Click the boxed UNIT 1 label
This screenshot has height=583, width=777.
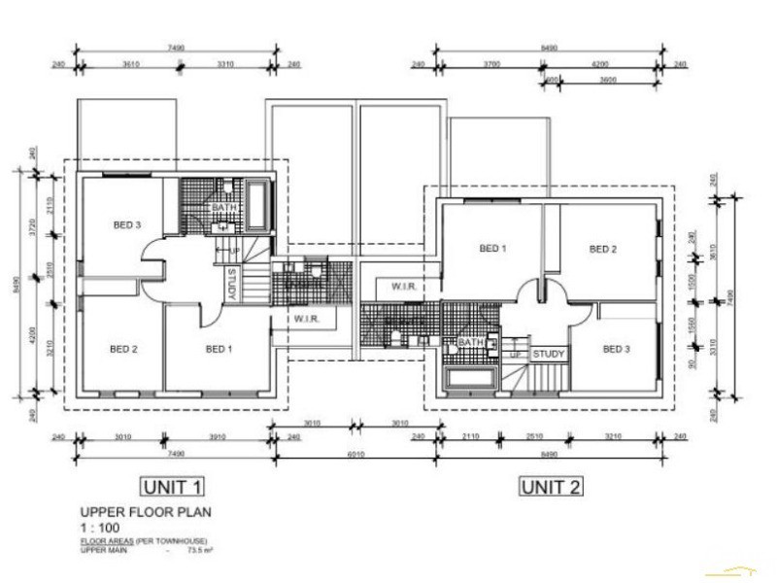pyautogui.click(x=172, y=486)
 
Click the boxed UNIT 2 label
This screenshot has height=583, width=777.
pyautogui.click(x=551, y=486)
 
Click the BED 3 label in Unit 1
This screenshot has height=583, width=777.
pyautogui.click(x=127, y=225)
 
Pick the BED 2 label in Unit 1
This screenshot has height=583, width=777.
pyautogui.click(x=123, y=348)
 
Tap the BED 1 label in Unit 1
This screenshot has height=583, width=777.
pyautogui.click(x=219, y=348)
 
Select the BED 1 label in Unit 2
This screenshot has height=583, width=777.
pyautogui.click(x=492, y=249)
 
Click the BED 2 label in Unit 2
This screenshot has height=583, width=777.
pyautogui.click(x=603, y=249)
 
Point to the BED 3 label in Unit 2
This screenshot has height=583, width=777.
pyautogui.click(x=616, y=349)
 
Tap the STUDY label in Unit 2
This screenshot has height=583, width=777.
pyautogui.click(x=549, y=355)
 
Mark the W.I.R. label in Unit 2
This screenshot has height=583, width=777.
pyautogui.click(x=405, y=286)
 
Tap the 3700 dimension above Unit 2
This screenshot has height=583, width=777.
pyautogui.click(x=490, y=64)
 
